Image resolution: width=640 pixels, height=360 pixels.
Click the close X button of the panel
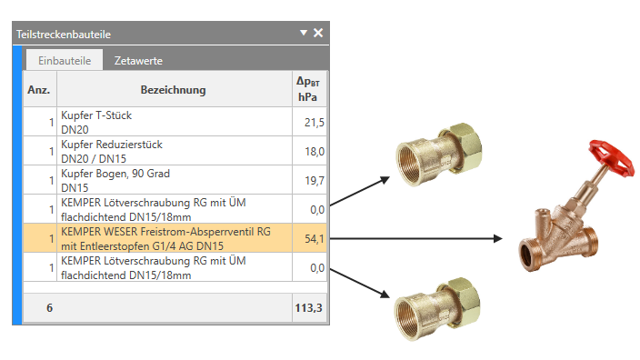[x=318, y=33]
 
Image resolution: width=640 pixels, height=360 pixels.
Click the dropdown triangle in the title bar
[x=304, y=32]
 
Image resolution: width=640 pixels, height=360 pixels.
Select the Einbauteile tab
[x=65, y=60]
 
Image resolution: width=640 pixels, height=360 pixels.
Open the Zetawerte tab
[x=138, y=61]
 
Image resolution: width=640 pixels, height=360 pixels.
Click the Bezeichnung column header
[x=173, y=90]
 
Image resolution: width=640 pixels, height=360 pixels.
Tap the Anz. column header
[x=39, y=90]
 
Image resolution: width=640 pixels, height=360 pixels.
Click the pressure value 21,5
[x=315, y=122]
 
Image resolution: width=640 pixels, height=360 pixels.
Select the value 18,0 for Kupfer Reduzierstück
[x=315, y=152]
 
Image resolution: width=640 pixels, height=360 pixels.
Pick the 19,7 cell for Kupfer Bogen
[x=315, y=180]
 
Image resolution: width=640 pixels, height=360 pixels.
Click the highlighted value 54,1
[x=315, y=238]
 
